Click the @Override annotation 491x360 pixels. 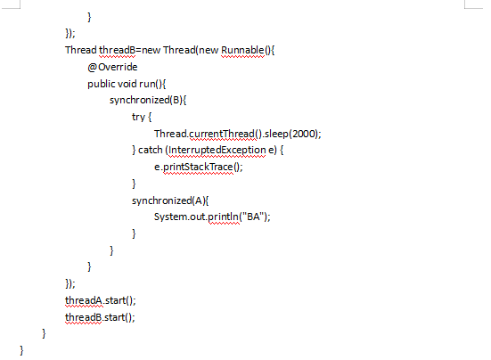(x=112, y=67)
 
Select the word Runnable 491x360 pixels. (x=242, y=50)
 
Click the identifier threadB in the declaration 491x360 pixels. (x=117, y=50)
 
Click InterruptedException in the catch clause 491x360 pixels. (x=217, y=151)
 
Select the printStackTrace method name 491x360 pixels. (x=198, y=167)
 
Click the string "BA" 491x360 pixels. (x=254, y=217)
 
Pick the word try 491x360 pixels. (x=138, y=117)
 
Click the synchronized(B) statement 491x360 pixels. (x=148, y=100)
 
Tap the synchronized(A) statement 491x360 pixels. (x=170, y=200)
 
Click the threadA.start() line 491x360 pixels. (x=101, y=300)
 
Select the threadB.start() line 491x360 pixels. (x=100, y=317)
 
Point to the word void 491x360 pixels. (x=127, y=84)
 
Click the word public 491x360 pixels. (x=102, y=84)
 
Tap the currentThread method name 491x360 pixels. (x=223, y=134)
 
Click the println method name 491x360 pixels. (x=223, y=217)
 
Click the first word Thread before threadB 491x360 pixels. (x=81, y=50)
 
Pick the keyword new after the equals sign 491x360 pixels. (x=151, y=51)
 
